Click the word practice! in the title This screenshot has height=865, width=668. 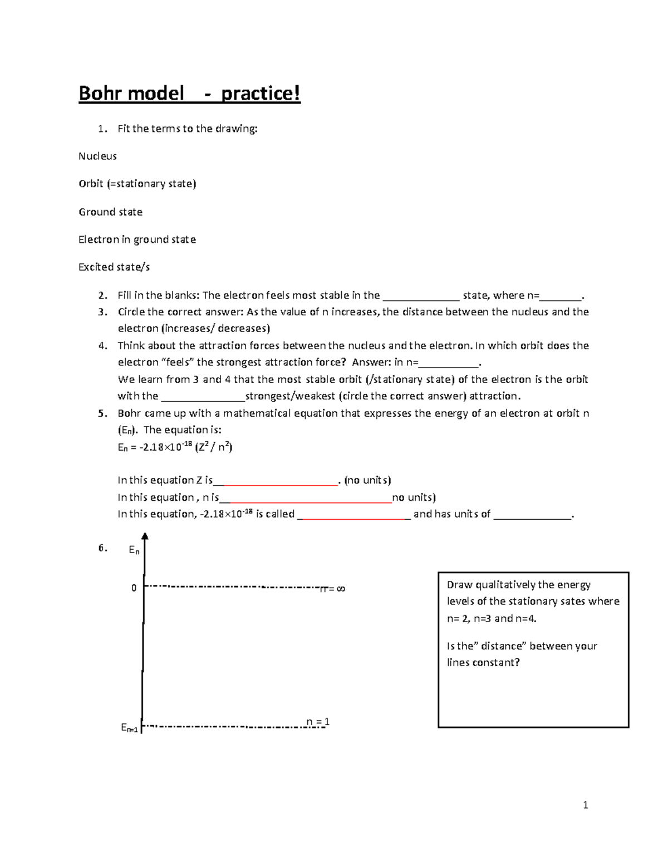[x=261, y=93]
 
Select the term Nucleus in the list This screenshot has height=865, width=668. [x=97, y=156]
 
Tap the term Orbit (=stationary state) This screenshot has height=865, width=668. [x=137, y=184]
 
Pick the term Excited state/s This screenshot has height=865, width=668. [x=114, y=267]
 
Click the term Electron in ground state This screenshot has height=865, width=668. [x=137, y=240]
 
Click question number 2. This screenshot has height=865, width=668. [x=102, y=295]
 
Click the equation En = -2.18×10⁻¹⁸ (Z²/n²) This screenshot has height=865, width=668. [x=175, y=447]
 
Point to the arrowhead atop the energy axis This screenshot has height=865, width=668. [x=145, y=536]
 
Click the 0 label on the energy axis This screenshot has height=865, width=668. [x=134, y=588]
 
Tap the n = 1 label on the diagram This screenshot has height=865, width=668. [x=318, y=722]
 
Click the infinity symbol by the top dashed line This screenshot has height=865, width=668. [x=341, y=589]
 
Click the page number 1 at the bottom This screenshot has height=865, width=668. [x=585, y=805]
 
